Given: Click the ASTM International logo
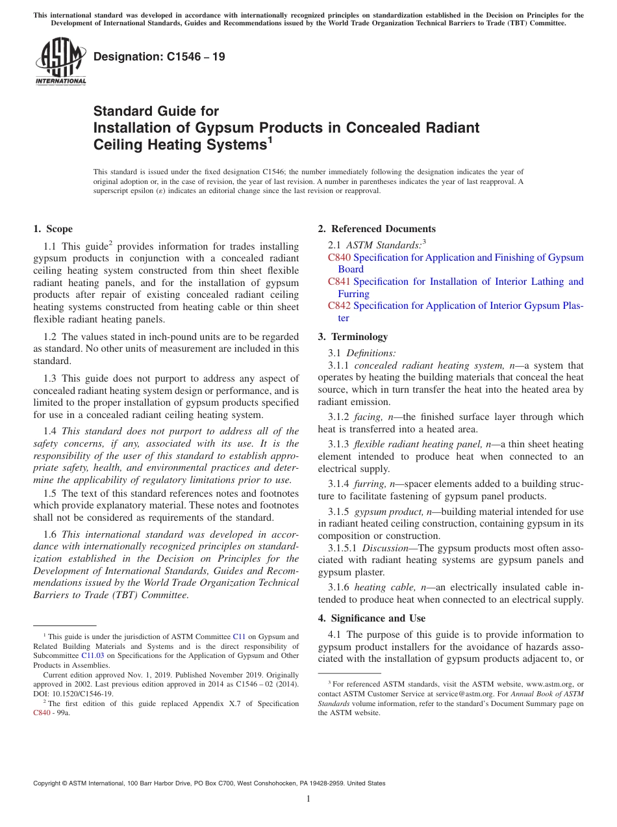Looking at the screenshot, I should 60,62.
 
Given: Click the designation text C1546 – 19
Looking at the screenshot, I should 159,57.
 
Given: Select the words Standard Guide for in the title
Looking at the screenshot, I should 156,111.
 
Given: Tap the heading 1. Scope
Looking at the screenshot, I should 53,229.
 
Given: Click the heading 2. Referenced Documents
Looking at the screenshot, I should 377,229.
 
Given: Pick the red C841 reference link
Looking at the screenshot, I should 339,282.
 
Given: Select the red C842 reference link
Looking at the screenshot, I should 339,306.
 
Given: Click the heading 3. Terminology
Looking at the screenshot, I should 353,337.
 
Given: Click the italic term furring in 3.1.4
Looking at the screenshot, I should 369,484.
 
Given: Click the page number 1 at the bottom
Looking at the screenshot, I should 308,799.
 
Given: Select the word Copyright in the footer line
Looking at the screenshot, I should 50,783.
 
